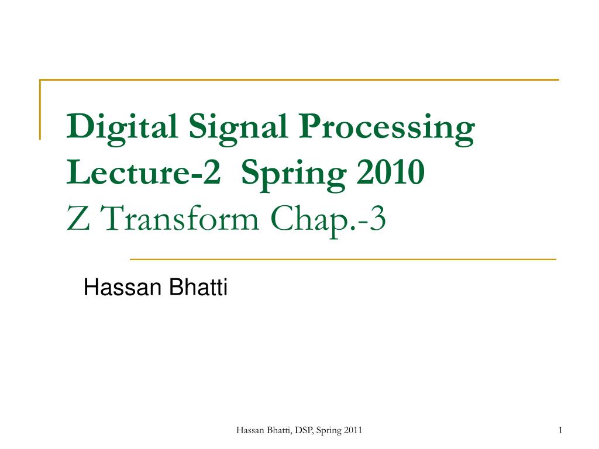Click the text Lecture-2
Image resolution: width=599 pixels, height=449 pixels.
(144, 172)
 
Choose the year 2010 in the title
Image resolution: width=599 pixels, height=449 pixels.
(390, 172)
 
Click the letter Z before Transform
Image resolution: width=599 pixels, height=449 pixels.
(78, 219)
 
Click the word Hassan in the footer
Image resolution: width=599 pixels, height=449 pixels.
(250, 430)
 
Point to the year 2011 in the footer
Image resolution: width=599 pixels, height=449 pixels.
(353, 430)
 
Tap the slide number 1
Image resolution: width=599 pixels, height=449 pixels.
(560, 430)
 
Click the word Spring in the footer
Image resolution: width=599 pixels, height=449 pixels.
(329, 431)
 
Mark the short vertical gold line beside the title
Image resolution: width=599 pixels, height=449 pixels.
(40, 110)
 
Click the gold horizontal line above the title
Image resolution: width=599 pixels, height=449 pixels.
(299, 80)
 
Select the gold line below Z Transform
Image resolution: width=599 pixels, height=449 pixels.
(343, 259)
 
